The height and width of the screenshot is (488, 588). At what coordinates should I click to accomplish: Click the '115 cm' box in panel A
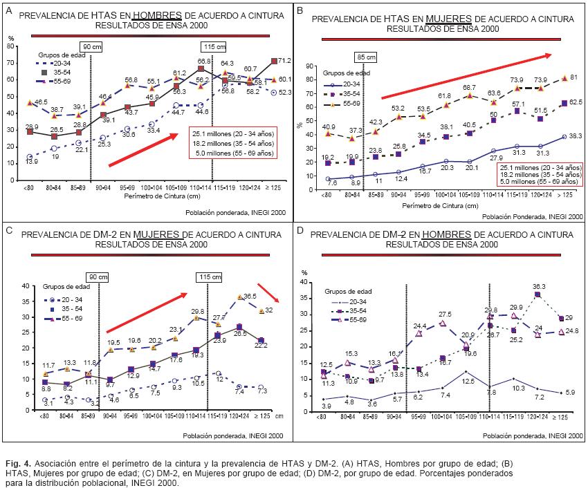point(213,47)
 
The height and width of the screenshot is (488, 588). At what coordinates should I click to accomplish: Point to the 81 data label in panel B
point(572,77)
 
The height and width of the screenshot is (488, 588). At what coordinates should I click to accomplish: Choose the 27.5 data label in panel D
point(445,315)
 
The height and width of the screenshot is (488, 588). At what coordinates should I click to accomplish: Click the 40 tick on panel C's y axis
point(26,286)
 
